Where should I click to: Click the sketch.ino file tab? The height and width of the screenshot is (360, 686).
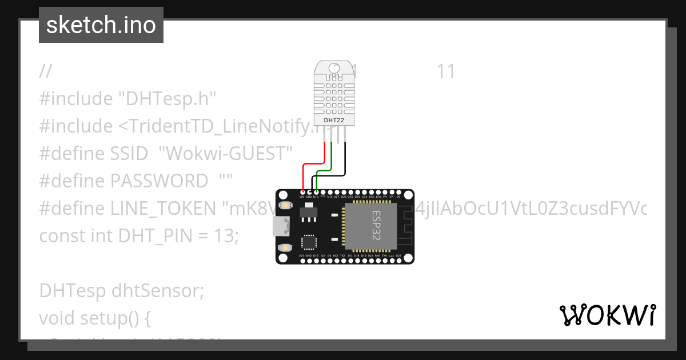tap(101, 25)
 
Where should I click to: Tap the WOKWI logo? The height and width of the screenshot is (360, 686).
tap(607, 315)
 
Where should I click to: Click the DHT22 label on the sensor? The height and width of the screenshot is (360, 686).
tap(334, 121)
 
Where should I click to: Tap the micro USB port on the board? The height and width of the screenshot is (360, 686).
tap(281, 227)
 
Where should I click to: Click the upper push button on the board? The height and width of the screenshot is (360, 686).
tap(284, 206)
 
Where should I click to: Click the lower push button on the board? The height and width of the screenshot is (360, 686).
tap(284, 247)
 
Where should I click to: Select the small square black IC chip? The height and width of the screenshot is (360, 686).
tap(309, 242)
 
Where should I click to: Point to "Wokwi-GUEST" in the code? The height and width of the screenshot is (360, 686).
tap(225, 154)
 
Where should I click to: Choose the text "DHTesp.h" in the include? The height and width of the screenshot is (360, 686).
tap(167, 99)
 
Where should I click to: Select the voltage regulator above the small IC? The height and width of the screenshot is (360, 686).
tap(307, 213)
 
